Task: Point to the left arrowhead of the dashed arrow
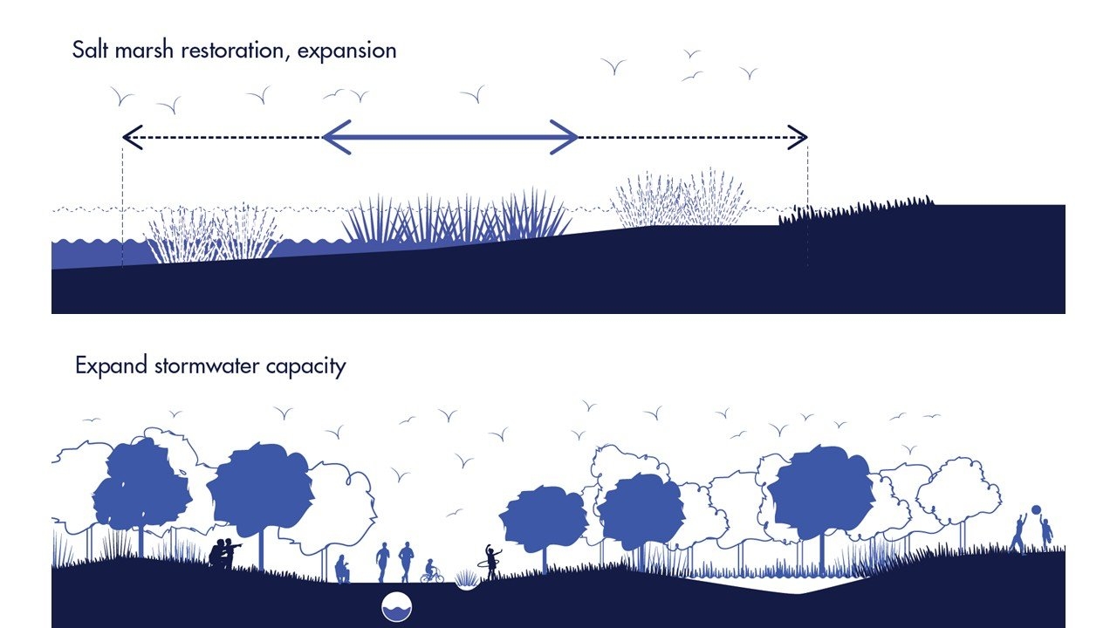pos(131,137)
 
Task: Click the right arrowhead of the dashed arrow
pos(798,137)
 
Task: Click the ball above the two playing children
pos(1036,510)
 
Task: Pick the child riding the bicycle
pos(430,571)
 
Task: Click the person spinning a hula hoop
pos(492,562)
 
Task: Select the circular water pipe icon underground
pos(396,605)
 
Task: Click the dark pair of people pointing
pos(224,553)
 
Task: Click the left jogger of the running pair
pos(383,562)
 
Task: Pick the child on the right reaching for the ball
pos(1045,532)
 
